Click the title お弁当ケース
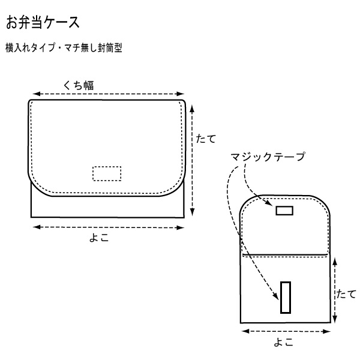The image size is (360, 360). click(x=43, y=23)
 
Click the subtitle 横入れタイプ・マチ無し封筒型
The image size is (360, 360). click(x=64, y=48)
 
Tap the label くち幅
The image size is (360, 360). click(x=78, y=85)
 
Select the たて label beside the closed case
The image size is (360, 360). click(x=206, y=139)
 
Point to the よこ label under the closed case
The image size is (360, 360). click(x=99, y=238)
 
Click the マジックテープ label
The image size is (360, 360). click(x=268, y=157)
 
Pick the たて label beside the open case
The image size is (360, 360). click(x=346, y=294)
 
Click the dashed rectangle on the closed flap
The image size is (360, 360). click(x=107, y=173)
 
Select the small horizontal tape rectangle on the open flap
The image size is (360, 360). click(x=284, y=211)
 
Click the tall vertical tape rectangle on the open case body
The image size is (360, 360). click(x=286, y=298)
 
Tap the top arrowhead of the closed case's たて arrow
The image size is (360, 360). click(x=193, y=109)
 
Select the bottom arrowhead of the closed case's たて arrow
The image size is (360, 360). click(x=193, y=212)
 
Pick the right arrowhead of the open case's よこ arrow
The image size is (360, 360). click(x=326, y=331)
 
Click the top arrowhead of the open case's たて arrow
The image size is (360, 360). click(x=335, y=262)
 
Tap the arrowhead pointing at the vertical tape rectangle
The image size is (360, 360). click(x=276, y=296)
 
